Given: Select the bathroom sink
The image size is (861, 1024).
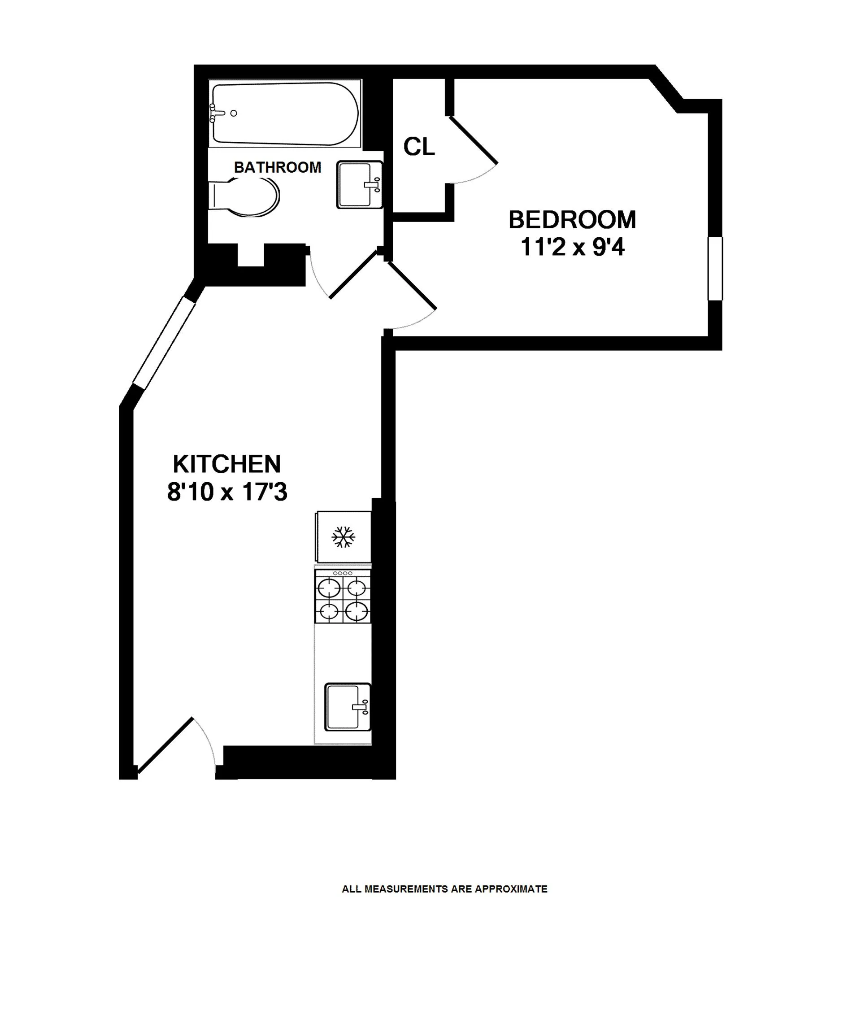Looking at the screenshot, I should pos(359,184).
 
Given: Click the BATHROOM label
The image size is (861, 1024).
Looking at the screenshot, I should pos(277,167).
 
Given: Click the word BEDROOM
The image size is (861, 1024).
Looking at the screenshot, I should pos(572,220).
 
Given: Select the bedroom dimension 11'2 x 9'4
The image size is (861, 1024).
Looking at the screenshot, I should pos(572,247).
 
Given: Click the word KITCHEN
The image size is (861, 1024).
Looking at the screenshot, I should pos(227,464).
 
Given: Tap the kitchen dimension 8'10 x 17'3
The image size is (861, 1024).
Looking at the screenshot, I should pos(227,492).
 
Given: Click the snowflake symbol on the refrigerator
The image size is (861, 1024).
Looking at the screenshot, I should pos(343,537).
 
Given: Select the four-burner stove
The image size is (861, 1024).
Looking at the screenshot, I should pos(343,596).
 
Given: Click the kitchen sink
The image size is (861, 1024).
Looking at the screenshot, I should pos(348,707).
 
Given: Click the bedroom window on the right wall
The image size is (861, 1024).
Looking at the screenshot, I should pos(715,268).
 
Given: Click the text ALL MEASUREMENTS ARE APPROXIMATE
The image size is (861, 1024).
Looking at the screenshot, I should pos(444,889).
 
